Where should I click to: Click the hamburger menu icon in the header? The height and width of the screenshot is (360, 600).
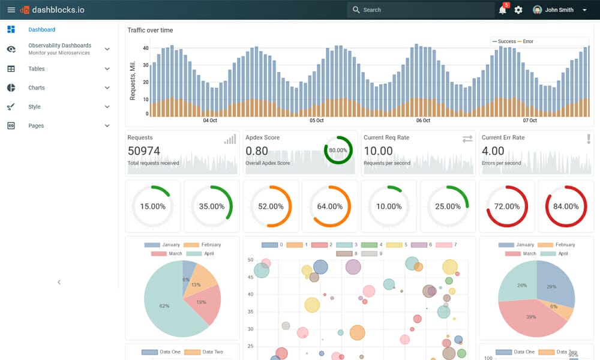pos(11,10)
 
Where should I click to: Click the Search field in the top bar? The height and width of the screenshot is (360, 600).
pos(420,10)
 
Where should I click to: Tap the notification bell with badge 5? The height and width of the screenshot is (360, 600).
pos(502,10)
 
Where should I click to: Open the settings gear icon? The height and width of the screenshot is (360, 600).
pos(518,10)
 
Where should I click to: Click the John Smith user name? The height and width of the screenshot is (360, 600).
pos(559,10)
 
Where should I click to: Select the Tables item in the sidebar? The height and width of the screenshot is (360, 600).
pos(37,69)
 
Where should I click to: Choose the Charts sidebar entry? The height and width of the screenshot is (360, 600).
pos(37,88)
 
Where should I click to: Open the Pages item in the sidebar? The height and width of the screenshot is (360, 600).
pos(36,126)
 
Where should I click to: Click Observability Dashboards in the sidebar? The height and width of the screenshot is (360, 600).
pos(59,46)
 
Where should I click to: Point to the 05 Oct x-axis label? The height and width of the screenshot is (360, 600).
pos(317,121)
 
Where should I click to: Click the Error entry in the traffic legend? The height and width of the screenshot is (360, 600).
pos(527,41)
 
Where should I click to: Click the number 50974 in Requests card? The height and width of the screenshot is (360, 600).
pos(143,151)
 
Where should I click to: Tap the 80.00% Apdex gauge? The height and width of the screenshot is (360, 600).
pos(338,150)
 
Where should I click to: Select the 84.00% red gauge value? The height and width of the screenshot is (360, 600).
pos(566,206)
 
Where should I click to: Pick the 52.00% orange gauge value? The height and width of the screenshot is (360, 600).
pos(271,206)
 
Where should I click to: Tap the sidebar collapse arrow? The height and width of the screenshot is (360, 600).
pos(59,282)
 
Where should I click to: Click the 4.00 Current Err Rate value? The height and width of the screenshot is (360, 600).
pos(493,151)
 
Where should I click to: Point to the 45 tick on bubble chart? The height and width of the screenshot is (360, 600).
pos(250,277)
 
